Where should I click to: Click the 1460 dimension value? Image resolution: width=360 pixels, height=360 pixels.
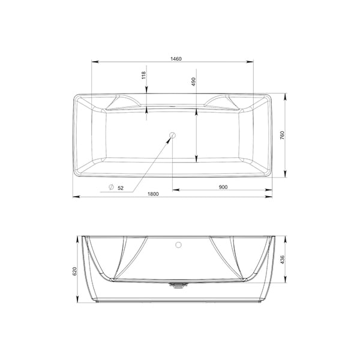pyautogui.click(x=176, y=59)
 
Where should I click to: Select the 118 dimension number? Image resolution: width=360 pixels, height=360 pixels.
pyautogui.click(x=143, y=76)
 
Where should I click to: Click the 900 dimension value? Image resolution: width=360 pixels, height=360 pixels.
pyautogui.click(x=223, y=187)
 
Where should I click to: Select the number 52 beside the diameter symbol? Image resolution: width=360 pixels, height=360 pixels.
pyautogui.click(x=121, y=188)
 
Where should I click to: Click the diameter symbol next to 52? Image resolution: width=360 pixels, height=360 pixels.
pyautogui.click(x=111, y=188)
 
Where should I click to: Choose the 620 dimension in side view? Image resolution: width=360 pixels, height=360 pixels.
pyautogui.click(x=75, y=271)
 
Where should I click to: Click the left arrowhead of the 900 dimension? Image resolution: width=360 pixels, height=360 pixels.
pyautogui.click(x=175, y=190)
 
